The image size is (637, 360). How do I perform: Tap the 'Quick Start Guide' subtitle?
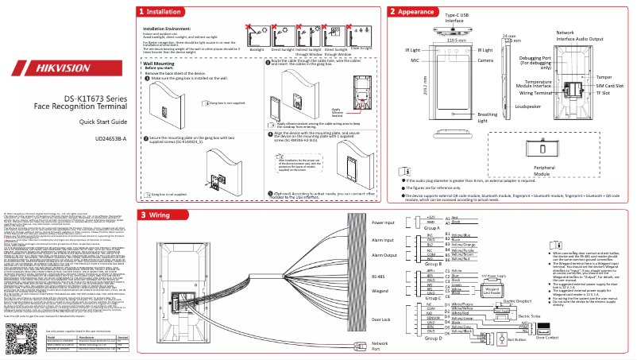pos(102,122)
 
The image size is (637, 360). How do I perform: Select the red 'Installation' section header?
pos(163,12)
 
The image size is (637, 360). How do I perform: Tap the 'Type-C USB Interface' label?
pos(454,18)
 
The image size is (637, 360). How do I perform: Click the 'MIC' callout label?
pos(415,60)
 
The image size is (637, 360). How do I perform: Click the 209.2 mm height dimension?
pos(426,86)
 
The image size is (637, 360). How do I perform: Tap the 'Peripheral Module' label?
pos(544,171)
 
